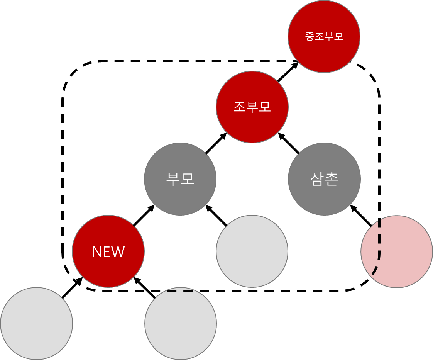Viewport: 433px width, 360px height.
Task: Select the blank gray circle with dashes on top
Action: click(x=180, y=324)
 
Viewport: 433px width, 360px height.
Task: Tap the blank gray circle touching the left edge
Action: click(x=36, y=323)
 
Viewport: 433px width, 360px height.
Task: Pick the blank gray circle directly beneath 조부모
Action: click(x=252, y=251)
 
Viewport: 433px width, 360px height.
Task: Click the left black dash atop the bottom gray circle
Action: click(x=172, y=291)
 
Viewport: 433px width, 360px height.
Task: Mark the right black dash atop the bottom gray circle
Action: click(x=188, y=291)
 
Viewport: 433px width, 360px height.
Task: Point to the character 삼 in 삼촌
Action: click(x=317, y=179)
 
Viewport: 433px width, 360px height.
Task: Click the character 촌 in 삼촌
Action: click(x=332, y=179)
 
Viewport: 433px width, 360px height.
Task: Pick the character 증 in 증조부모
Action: click(x=310, y=37)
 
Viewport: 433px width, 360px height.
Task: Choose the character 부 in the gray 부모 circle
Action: click(x=173, y=179)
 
